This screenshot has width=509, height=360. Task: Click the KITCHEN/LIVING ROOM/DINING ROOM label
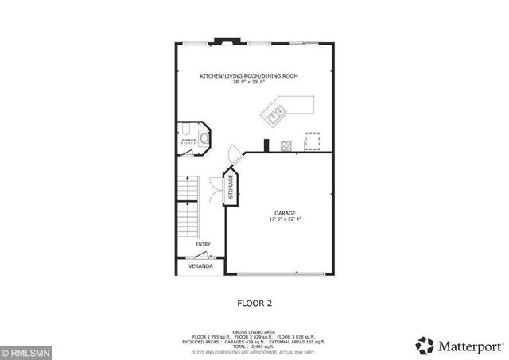(249, 75)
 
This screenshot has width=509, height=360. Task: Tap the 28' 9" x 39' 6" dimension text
(249, 82)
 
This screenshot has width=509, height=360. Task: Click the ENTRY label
(203, 244)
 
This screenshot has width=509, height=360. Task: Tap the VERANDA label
(200, 267)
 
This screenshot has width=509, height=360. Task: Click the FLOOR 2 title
(254, 303)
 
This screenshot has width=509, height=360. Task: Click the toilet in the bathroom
(184, 131)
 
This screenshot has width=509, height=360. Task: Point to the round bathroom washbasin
(204, 138)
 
